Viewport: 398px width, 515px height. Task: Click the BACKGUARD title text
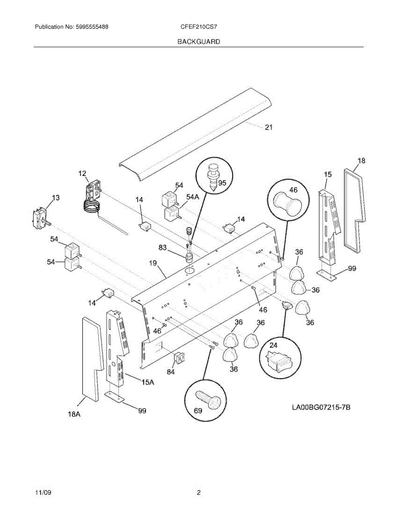click(x=198, y=42)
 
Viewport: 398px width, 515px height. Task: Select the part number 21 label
click(x=268, y=127)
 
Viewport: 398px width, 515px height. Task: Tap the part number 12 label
click(x=82, y=174)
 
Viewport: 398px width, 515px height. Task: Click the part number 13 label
click(x=55, y=198)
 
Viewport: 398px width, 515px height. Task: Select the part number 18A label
click(x=74, y=414)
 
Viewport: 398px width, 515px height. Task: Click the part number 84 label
click(x=171, y=372)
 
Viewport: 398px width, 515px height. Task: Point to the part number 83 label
click(x=163, y=247)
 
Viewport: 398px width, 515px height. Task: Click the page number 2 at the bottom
click(x=199, y=493)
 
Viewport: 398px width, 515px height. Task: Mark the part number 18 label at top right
click(x=361, y=161)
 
